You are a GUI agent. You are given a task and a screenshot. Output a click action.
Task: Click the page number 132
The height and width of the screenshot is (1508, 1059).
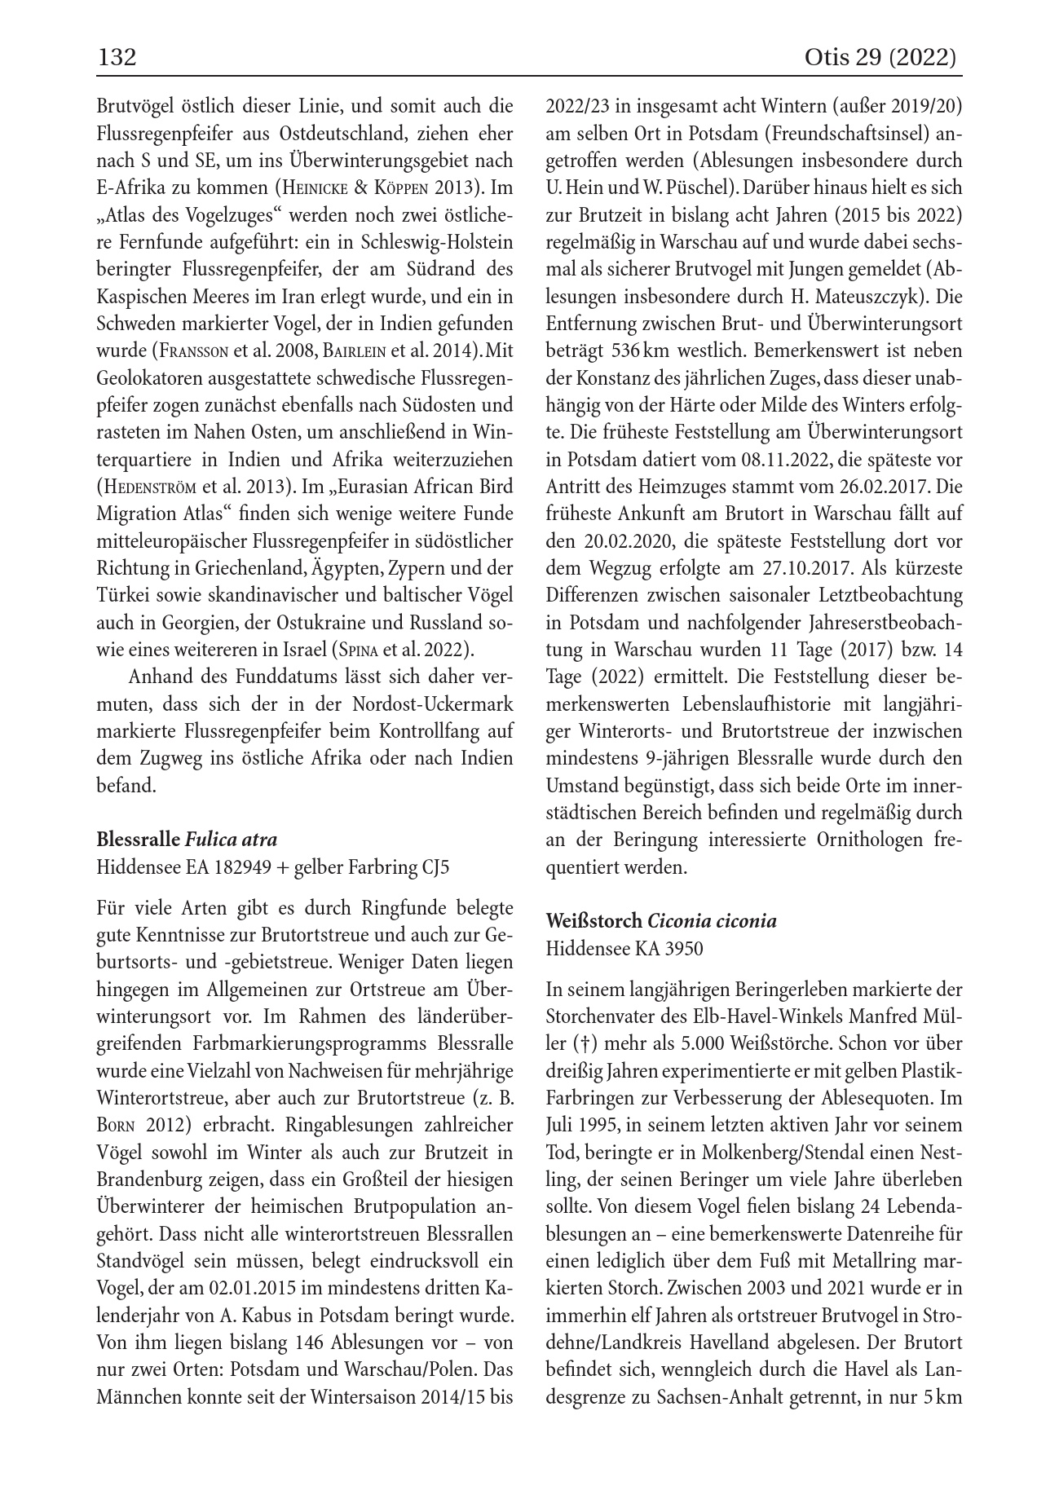coord(116,58)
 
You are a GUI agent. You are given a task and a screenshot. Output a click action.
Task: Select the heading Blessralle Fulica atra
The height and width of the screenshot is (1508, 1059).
coord(187,840)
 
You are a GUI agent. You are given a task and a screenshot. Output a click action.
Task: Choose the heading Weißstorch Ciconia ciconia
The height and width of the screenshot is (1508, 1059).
coord(661,921)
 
